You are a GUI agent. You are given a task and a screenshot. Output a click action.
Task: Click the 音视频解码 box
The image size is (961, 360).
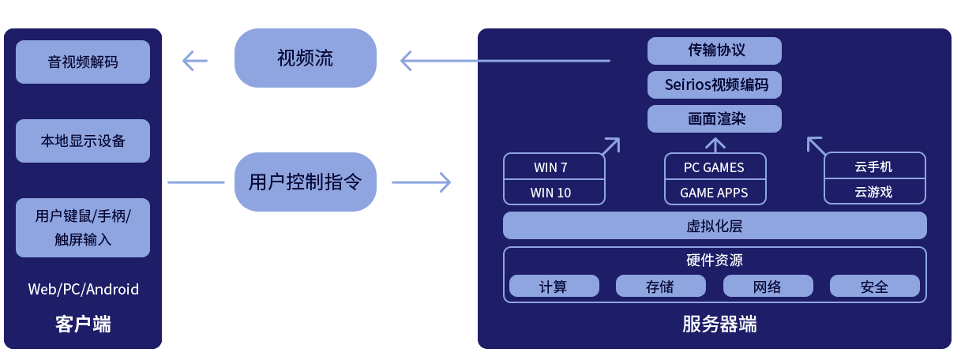(x=83, y=62)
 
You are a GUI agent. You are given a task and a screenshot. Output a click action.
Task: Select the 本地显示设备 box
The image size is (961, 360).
(x=83, y=141)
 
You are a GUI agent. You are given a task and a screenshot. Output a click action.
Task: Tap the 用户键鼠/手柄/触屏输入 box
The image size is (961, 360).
(x=83, y=227)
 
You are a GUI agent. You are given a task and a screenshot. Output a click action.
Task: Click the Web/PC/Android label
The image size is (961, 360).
(x=84, y=289)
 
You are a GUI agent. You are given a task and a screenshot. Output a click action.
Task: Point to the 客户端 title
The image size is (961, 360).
(x=83, y=324)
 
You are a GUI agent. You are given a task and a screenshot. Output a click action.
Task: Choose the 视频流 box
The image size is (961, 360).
(x=306, y=58)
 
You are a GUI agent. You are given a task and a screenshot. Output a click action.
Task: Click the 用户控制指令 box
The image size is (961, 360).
(x=306, y=182)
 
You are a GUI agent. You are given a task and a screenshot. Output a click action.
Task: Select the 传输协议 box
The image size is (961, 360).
(x=715, y=51)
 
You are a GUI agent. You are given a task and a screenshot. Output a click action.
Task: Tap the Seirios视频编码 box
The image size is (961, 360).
(x=715, y=84)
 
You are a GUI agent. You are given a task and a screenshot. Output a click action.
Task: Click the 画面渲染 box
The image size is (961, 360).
(x=715, y=118)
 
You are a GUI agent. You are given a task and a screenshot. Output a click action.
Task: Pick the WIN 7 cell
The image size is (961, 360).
(x=554, y=167)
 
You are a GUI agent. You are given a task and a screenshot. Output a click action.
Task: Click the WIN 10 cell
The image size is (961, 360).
(x=554, y=192)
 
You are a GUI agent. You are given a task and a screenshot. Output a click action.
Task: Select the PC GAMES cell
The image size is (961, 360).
(x=715, y=167)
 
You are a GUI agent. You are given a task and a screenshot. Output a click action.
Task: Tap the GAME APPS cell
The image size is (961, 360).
(x=715, y=192)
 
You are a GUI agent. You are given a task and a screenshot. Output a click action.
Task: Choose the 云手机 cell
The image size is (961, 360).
(x=874, y=167)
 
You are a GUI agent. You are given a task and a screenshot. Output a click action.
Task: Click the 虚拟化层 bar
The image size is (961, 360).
(x=715, y=226)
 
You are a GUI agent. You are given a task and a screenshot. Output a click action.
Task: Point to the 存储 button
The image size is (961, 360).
(x=660, y=287)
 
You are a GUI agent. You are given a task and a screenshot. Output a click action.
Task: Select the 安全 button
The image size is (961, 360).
(x=874, y=287)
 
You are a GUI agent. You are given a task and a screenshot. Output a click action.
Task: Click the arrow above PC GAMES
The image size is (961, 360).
(x=715, y=144)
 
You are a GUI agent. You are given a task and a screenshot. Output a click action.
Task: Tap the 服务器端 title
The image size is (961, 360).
(x=715, y=324)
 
